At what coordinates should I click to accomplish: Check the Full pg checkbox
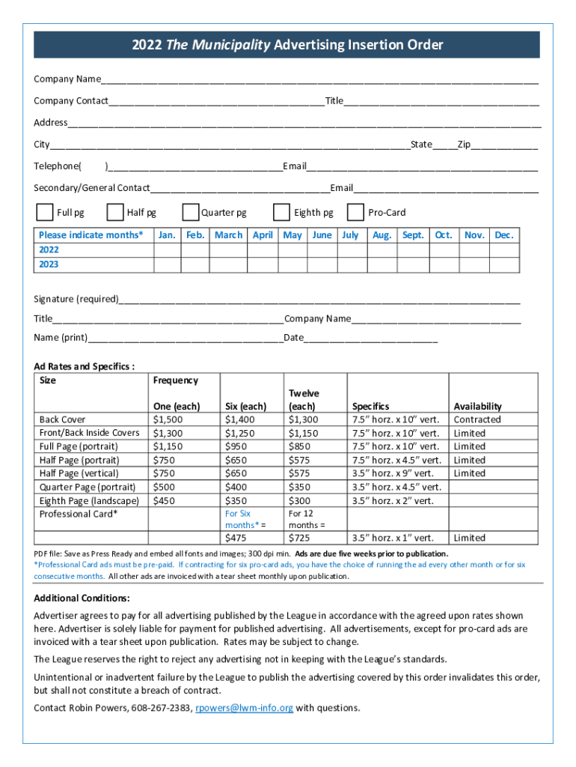[x=45, y=213]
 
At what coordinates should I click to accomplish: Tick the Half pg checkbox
[x=115, y=213]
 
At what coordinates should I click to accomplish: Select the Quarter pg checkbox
[x=190, y=213]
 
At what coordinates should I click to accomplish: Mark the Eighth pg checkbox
[x=282, y=213]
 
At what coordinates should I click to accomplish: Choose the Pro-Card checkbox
[x=356, y=213]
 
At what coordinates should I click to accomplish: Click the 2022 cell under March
[x=228, y=250]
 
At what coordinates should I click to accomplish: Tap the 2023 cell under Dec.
[x=504, y=265]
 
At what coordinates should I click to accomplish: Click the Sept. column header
[x=413, y=235]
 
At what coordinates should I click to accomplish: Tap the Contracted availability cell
[x=477, y=419]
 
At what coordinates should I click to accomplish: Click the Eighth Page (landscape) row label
[x=89, y=500]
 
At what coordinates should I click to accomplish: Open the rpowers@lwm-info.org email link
[x=244, y=708]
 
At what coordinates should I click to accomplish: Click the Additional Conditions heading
[x=82, y=598]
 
